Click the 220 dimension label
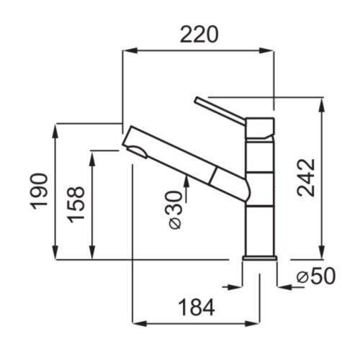tap(199, 35)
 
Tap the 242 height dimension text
tap(306, 178)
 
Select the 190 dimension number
tap(39, 192)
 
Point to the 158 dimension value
tap(76, 204)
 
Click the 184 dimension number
tap(197, 307)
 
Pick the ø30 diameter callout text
tap(175, 210)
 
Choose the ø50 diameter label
tap(316, 276)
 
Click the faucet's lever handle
tap(220, 111)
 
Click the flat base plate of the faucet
tap(260, 258)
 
